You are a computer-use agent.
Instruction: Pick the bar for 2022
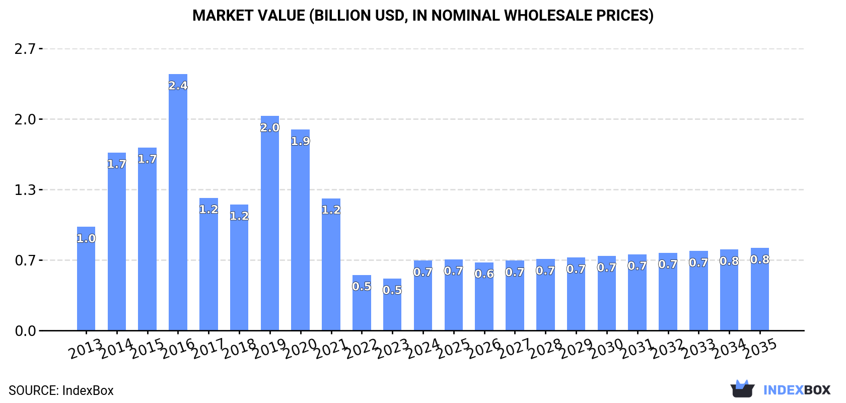click(x=362, y=303)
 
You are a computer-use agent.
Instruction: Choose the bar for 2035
click(x=759, y=289)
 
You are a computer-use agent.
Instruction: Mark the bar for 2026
click(x=484, y=297)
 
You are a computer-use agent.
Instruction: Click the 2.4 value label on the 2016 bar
click(x=178, y=86)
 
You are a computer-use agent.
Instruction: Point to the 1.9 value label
click(x=301, y=142)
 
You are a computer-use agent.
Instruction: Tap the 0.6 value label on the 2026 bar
click(x=484, y=274)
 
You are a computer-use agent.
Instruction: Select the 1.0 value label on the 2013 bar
click(x=86, y=239)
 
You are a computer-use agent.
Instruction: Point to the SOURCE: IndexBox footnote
click(x=61, y=390)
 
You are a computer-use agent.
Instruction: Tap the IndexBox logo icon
click(x=742, y=389)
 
